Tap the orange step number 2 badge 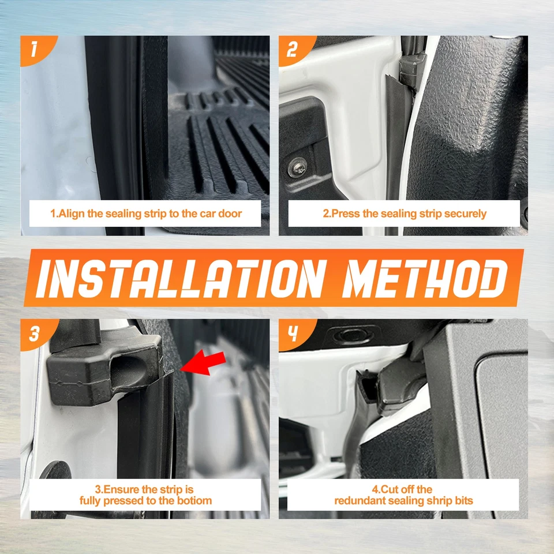coord(293,50)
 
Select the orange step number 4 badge coord(293,334)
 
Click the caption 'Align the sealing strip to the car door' coord(145,214)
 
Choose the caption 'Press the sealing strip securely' coord(404,214)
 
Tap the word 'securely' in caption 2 coord(466,214)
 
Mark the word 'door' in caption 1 coord(230,214)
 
